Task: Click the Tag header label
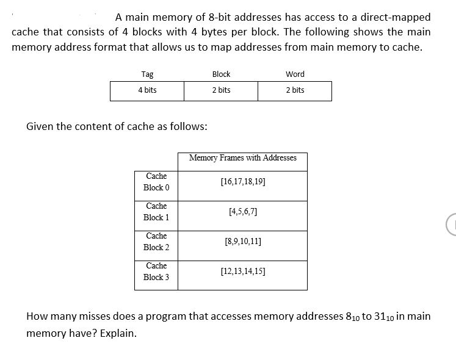point(147,74)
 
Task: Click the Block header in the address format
point(221,74)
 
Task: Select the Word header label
point(295,74)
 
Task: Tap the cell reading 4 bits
point(147,90)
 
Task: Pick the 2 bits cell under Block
point(221,90)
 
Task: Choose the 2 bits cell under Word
point(295,90)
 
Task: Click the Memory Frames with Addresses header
point(243,158)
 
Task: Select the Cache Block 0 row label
point(156,182)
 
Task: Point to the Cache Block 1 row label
point(156,212)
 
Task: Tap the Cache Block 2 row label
point(156,242)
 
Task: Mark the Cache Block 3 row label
point(156,272)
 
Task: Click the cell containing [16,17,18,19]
point(243,182)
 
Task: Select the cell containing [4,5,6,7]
point(243,212)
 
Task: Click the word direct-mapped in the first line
point(399,17)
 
